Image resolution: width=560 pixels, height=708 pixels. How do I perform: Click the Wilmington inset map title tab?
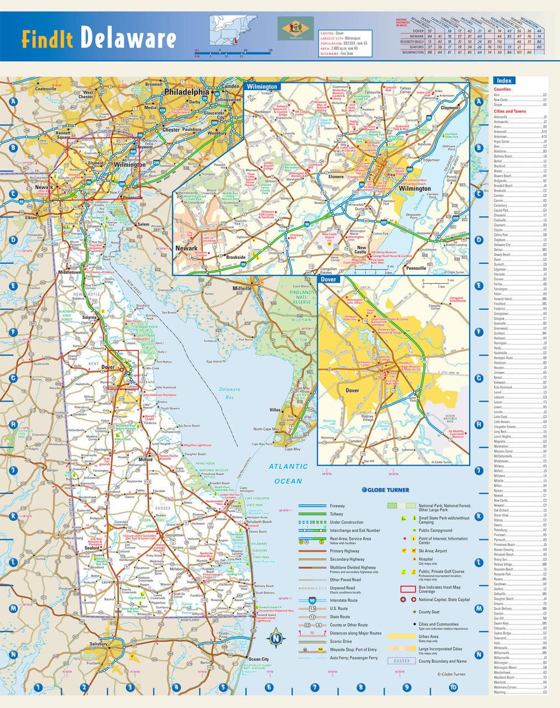[x=262, y=87]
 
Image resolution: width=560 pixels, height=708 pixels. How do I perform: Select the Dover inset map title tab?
[x=329, y=280]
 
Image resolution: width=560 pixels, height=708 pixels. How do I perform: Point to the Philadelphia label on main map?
[x=186, y=92]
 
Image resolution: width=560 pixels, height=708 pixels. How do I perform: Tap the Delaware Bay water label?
[x=229, y=393]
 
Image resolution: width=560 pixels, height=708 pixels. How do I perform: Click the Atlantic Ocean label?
[x=288, y=474]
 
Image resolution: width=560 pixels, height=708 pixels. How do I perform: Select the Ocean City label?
[x=258, y=659]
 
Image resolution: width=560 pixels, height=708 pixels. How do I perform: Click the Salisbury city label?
[x=98, y=644]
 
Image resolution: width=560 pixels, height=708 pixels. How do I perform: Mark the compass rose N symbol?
[x=276, y=639]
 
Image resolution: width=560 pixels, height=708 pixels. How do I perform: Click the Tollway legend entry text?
[x=337, y=514]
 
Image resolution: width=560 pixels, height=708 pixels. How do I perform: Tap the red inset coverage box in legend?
[x=408, y=589]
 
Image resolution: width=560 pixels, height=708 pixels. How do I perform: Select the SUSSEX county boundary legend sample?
[x=401, y=661]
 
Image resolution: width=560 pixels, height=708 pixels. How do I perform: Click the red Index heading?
[x=504, y=81]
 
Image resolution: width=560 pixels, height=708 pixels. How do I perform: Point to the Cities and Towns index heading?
[x=510, y=111]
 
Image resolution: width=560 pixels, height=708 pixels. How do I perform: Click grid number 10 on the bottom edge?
[x=453, y=688]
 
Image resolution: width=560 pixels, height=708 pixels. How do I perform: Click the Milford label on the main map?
[x=146, y=460]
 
